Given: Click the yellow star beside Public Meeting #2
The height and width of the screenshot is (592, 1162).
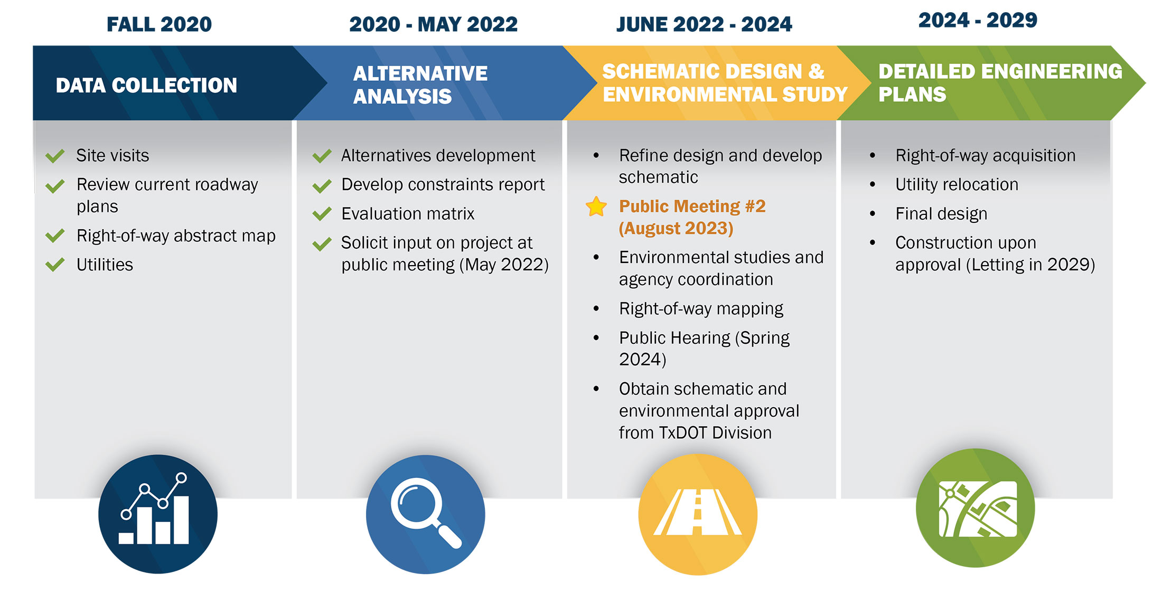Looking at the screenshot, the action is point(596,206).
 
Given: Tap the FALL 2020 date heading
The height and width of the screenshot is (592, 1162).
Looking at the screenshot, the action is point(159,24).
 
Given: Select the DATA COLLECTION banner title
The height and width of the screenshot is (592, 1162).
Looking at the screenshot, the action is point(146,85).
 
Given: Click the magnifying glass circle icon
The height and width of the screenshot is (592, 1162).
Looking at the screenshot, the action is point(426,514).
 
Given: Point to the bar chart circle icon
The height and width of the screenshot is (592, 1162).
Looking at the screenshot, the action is point(158,514).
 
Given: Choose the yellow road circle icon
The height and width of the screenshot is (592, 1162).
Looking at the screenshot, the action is point(698,514).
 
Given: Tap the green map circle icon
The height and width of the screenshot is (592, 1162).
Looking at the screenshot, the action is point(976,508).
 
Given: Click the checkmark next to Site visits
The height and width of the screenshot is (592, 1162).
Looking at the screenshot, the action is point(55,156).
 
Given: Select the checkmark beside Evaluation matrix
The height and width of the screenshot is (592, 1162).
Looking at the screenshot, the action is point(322,214).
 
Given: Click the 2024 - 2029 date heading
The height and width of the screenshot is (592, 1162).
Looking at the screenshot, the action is point(978,20).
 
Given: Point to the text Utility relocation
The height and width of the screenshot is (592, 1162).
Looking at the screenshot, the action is point(957,184).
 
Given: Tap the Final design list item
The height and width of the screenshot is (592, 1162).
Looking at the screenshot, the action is point(941,214).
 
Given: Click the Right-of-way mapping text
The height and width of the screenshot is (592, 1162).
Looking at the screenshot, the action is point(701,308).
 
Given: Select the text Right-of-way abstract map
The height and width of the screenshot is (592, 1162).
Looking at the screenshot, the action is point(176,236).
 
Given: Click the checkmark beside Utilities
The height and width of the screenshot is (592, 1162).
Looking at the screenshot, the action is point(55,265).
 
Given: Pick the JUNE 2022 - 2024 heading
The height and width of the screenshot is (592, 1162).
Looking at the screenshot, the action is point(704,24).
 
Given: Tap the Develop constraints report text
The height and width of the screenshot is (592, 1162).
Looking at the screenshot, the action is point(443,184).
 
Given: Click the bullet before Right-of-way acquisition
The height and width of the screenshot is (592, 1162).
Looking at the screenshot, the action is point(872,156).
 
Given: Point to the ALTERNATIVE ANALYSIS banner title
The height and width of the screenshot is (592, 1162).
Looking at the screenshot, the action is point(420,85).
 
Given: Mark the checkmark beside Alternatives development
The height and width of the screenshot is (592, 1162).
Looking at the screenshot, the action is point(322,156).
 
